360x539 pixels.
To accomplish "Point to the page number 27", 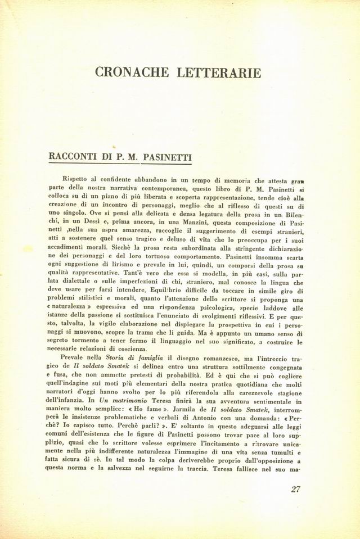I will coord(296,488).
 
